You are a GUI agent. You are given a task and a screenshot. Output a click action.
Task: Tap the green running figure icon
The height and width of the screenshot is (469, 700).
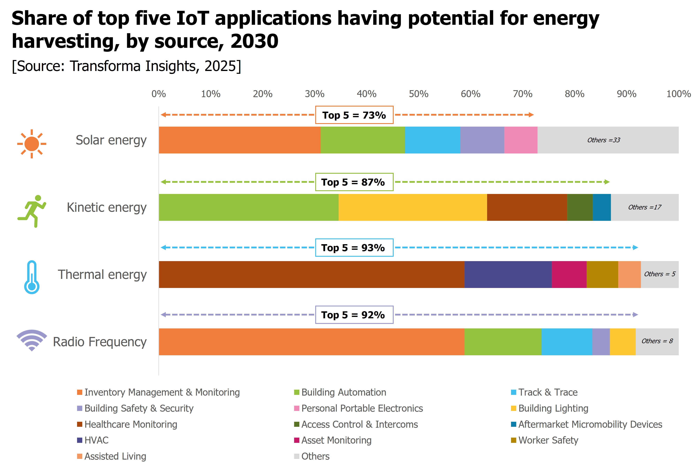32,211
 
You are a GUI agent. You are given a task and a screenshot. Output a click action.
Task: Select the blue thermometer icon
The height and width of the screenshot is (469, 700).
32,277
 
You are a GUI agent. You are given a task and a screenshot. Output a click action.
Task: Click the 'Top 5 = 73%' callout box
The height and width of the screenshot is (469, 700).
354,115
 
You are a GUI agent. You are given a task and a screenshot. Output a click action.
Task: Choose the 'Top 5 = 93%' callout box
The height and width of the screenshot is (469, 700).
354,248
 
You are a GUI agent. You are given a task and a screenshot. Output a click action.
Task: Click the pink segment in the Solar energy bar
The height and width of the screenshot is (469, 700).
521,140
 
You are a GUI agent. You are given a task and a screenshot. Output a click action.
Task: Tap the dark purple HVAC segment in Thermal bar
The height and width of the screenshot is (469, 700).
508,275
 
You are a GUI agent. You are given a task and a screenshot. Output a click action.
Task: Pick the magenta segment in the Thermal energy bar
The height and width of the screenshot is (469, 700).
569,275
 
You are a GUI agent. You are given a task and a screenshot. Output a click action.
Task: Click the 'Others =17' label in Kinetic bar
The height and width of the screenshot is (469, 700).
644,207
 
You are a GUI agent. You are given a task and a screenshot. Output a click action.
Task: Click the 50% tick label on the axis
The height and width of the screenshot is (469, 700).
418,94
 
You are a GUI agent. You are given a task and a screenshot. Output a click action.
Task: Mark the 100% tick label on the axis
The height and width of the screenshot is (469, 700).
678,94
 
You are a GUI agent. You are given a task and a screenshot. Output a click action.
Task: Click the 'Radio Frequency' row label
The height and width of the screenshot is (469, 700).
100,342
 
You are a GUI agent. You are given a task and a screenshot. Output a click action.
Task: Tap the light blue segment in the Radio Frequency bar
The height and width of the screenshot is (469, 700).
567,342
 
